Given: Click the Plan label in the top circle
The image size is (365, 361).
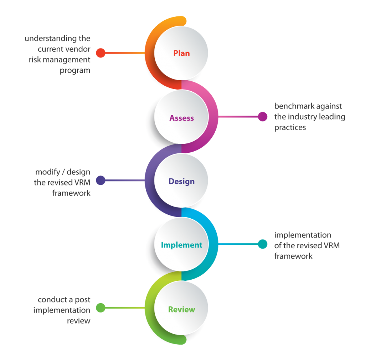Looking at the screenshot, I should [181, 53].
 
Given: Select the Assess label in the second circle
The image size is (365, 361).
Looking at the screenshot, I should [181, 118].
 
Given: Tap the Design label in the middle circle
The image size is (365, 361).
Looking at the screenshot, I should [181, 181].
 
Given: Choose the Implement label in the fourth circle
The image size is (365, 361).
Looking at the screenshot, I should [181, 245].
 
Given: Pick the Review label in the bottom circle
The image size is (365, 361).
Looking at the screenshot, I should [181, 309].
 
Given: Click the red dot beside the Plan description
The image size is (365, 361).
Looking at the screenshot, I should [101, 53].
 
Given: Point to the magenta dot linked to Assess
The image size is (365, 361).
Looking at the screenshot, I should [262, 116].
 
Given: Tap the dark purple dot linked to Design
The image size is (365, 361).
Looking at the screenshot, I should [101, 180].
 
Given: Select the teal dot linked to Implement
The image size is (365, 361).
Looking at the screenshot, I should [262, 244].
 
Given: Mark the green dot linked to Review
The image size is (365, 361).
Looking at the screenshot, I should [101, 307].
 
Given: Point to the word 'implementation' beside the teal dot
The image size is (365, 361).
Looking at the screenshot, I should [303, 235].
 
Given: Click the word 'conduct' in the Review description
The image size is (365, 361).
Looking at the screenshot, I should [53, 300].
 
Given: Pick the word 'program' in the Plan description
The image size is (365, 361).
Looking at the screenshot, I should [75, 71].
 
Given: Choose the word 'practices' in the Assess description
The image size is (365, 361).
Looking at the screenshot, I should [290, 128].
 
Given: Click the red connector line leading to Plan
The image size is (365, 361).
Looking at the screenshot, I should [125, 53].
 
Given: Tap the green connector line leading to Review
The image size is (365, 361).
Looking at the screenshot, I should [125, 307].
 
